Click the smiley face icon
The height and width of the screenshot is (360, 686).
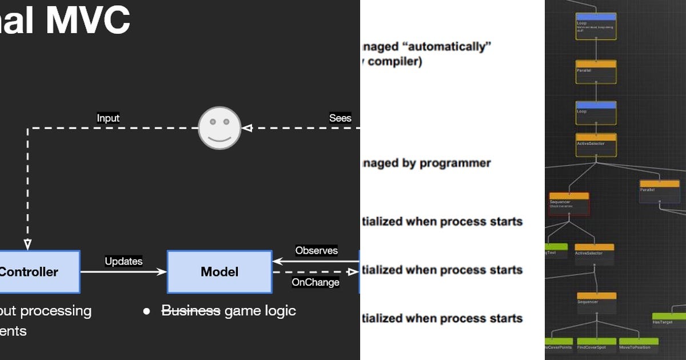pyautogui.click(x=220, y=129)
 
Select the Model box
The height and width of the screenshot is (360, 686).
pyautogui.click(x=220, y=272)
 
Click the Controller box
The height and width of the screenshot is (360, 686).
pyautogui.click(x=37, y=272)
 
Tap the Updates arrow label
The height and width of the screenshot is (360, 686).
pyautogui.click(x=123, y=261)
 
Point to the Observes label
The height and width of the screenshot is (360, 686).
pyautogui.click(x=316, y=250)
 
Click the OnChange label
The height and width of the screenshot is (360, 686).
pyautogui.click(x=316, y=282)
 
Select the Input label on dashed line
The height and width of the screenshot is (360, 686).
pyautogui.click(x=108, y=118)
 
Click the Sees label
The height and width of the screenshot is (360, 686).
pyautogui.click(x=340, y=118)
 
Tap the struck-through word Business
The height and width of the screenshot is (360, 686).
pyautogui.click(x=191, y=311)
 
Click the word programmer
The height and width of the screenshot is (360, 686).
pyautogui.click(x=455, y=163)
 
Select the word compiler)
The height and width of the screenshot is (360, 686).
pyautogui.click(x=394, y=62)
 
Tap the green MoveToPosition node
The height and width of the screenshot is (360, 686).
pyautogui.click(x=638, y=344)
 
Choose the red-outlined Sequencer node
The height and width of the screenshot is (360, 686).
pyautogui.click(x=569, y=203)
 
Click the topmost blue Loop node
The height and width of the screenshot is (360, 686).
pyautogui.click(x=596, y=26)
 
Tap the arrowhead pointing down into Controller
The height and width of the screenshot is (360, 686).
pyautogui.click(x=27, y=244)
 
